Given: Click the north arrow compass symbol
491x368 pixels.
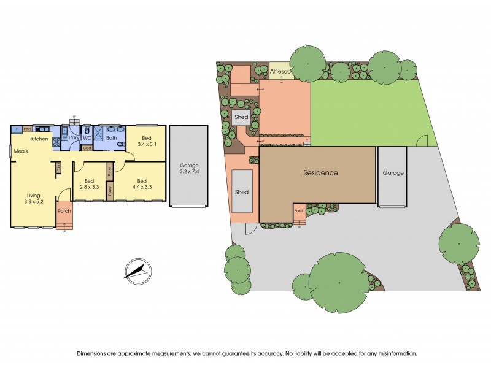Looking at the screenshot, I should pos(137,270).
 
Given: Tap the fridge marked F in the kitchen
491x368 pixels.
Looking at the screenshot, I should pos(16,129).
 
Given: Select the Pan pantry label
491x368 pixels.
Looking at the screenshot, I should pos(28,129).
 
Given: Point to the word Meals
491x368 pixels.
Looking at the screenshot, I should pos(21,151).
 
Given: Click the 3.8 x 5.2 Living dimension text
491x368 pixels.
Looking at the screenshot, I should pos(34,201).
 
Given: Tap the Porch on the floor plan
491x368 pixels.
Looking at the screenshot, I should pos(64,211).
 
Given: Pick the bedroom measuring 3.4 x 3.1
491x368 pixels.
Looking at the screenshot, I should pos(146,142).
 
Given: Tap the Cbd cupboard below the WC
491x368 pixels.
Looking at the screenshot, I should pos(87,148).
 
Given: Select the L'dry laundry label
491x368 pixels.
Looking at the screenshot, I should pos(73,138).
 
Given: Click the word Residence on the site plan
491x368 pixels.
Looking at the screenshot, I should pos(320,173).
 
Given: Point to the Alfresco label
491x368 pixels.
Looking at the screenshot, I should pos(281,72).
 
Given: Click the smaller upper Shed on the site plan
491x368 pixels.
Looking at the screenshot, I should pos(241,117).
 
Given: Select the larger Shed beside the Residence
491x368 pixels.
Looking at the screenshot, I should pos(242,192).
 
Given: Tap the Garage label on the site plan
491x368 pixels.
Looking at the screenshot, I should pos(393,173).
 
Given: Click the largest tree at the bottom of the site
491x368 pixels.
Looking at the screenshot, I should pos(339,282).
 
